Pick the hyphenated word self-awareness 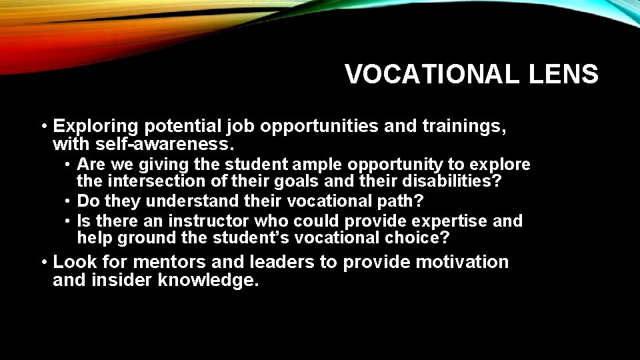point(143,144)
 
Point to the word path point(402,201)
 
